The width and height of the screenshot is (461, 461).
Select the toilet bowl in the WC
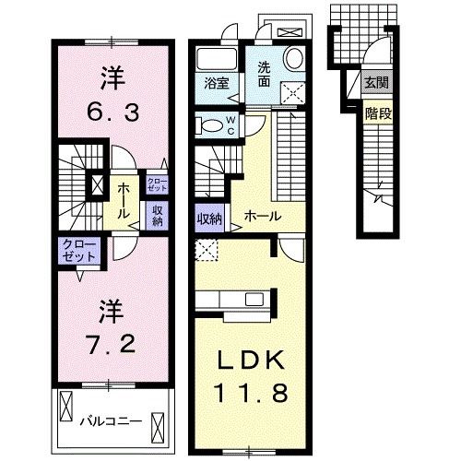coord(210,126)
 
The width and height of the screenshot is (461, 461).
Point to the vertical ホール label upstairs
coord(123,197)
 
